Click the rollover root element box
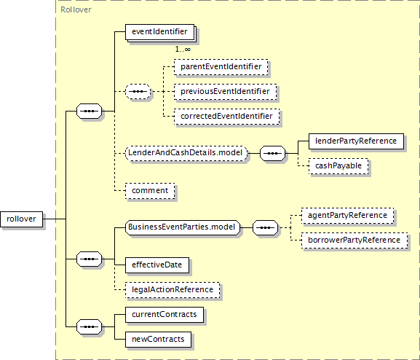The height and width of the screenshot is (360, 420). coord(21,219)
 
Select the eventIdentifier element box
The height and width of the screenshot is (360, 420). coord(160,32)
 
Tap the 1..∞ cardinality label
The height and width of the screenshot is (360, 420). coord(183,50)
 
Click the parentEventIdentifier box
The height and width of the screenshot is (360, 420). coord(221,67)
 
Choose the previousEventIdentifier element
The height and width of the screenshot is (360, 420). coord(225,92)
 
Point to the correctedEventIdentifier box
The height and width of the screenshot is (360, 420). coord(226,117)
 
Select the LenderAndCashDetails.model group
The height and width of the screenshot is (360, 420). coord(186,153)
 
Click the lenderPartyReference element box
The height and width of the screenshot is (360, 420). coord(356,141)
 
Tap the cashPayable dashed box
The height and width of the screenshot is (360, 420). coord(338,166)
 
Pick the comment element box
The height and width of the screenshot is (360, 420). coord(150,191)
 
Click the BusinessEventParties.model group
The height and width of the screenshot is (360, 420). coord(183,227)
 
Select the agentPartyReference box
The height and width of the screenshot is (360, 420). coord(347,216)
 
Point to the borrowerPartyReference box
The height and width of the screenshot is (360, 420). coord(354,240)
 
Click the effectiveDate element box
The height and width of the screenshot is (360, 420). coord(157,265)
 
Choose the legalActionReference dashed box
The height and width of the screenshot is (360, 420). coord(173,290)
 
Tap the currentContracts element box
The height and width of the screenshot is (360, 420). coord(165,315)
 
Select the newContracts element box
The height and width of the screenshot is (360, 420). coord(158,340)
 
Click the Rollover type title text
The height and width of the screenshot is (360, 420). coord(76,10)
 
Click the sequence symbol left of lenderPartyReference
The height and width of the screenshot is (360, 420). coord(273,154)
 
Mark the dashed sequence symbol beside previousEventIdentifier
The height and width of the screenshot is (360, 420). coord(138,92)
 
